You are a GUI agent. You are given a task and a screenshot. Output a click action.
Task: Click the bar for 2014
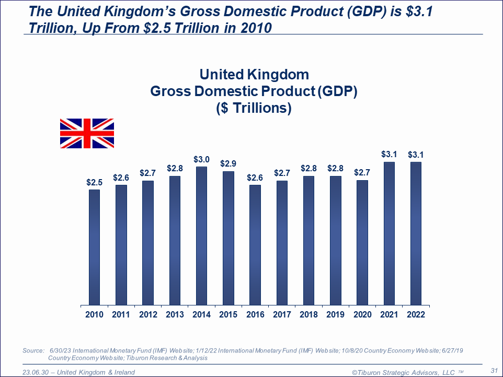coord(201,235)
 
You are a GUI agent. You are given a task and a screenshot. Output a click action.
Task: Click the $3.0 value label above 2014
coord(201,159)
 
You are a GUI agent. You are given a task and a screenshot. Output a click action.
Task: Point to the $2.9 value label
coord(228,163)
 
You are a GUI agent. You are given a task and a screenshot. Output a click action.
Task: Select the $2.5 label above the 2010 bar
coord(94,182)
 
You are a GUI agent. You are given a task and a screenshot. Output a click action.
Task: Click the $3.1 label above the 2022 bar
coord(416,154)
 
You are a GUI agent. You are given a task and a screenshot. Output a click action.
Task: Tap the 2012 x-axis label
coord(147,315)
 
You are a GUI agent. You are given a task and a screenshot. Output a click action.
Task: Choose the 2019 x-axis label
coord(335,315)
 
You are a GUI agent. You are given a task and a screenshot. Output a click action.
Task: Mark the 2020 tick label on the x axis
coord(362,315)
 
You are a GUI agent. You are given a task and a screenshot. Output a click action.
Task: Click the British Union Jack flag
coord(87,133)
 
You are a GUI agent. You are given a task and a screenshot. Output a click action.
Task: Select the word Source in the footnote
coord(33,350)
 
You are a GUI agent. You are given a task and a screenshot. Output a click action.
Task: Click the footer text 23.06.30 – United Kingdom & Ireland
coord(78,372)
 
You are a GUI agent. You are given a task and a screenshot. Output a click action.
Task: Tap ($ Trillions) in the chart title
coord(254,109)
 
